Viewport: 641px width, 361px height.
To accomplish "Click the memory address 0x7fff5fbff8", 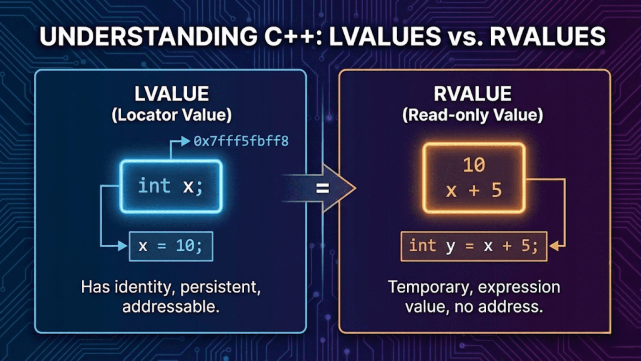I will (241, 141).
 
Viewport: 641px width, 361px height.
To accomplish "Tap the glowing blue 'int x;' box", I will (171, 186).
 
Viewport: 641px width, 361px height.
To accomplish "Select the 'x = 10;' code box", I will (171, 246).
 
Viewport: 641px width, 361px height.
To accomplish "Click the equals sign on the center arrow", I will (322, 188).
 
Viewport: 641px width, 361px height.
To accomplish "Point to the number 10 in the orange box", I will (474, 165).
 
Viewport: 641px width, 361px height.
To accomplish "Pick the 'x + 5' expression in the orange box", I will (474, 191).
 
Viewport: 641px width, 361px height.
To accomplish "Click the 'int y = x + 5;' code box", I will (474, 246).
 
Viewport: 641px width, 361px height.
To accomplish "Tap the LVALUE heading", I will (172, 94).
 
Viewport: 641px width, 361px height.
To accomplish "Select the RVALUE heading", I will (472, 94).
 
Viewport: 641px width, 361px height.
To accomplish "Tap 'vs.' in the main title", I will (464, 37).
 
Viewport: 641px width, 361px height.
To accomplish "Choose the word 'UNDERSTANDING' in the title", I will (149, 37).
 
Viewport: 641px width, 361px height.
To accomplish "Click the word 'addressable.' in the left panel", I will (171, 307).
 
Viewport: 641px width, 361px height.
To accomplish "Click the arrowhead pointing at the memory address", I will (186, 142).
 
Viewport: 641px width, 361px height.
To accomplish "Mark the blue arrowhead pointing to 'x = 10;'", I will (123, 246).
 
